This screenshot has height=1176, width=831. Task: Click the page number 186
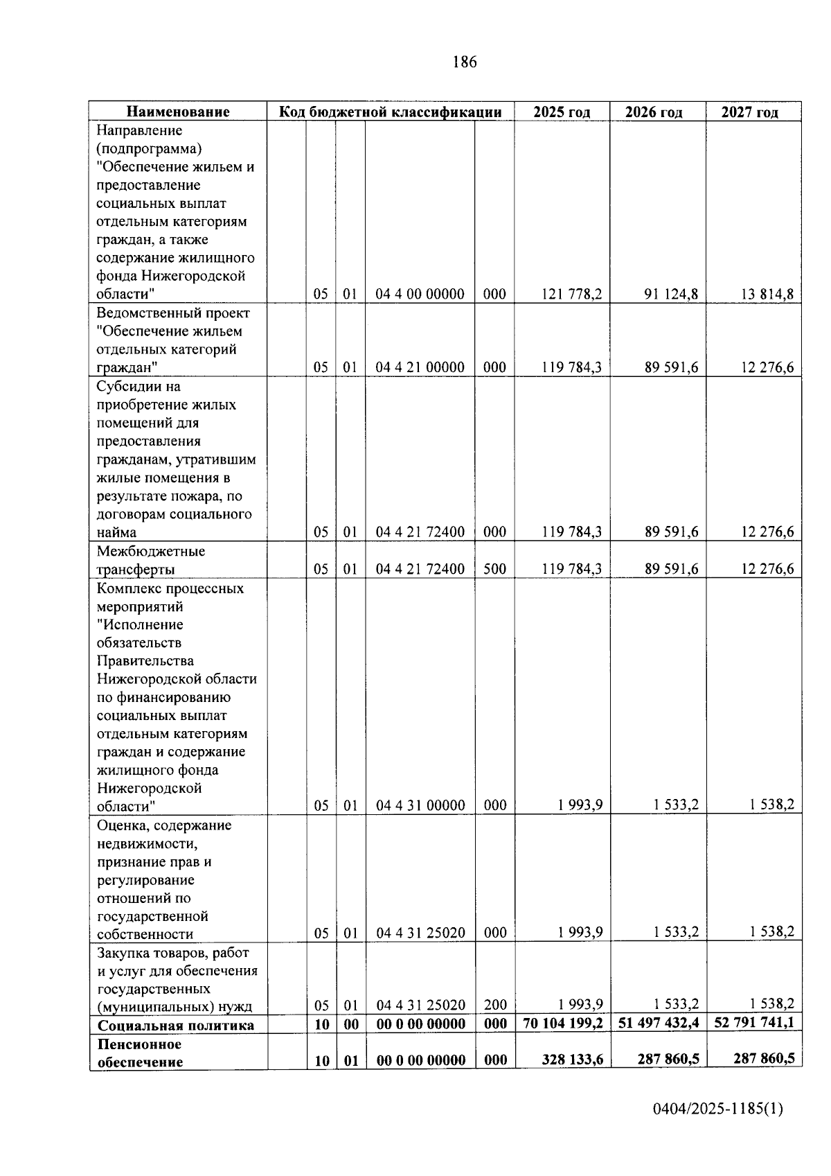point(464,62)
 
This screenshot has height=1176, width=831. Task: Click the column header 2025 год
point(562,112)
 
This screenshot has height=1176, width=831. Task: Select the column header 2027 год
point(749,112)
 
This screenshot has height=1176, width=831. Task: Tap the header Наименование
point(178,112)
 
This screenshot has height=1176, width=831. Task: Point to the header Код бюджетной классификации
point(390,112)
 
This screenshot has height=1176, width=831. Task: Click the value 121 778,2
point(572,294)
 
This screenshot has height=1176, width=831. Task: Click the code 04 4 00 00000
point(420,294)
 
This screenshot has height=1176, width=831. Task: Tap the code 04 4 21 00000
point(420,367)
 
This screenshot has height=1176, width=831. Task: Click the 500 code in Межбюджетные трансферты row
point(494,569)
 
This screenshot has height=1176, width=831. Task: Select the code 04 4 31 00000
point(420,805)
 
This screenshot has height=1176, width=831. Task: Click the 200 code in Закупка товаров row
point(495,1005)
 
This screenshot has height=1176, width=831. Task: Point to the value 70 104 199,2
point(563,1024)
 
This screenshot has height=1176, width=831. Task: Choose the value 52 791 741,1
point(754,1023)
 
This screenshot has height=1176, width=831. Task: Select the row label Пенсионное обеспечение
point(140,1053)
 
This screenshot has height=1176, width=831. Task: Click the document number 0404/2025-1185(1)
point(717,1109)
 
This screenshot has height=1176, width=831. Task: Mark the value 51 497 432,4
point(658,1024)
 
